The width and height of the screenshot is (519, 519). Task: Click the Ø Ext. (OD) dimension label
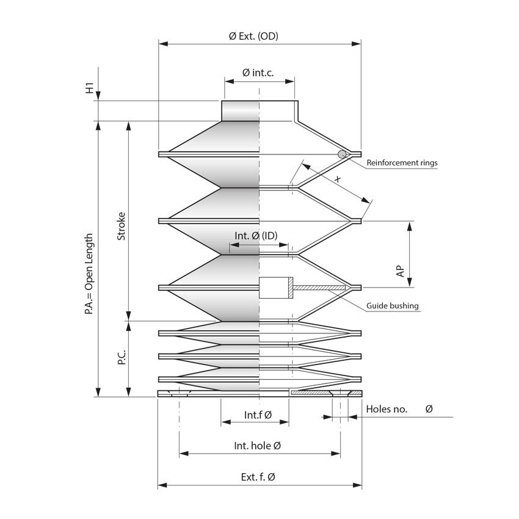[253, 36]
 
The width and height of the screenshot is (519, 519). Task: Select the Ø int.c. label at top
[258, 73]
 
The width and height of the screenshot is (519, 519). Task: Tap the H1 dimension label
[90, 88]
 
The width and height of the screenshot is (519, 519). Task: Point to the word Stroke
[122, 226]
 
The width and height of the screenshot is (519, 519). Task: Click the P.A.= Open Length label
[89, 274]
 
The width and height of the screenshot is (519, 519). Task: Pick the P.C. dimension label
[122, 357]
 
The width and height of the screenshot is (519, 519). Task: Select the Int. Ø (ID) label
[256, 236]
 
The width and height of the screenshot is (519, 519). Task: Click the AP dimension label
[400, 271]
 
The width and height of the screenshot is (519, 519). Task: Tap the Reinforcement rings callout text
[402, 162]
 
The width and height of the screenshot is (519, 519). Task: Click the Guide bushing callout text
[393, 305]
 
